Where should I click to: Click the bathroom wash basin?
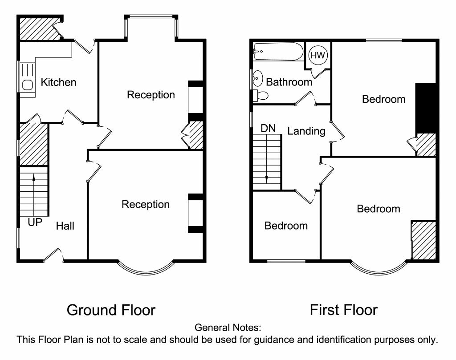tap(257, 80)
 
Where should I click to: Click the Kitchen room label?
tap(58, 82)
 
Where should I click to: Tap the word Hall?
tap(65, 226)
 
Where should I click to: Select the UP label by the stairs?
tap(35, 222)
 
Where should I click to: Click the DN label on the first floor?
tap(268, 129)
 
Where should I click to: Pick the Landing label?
tap(306, 131)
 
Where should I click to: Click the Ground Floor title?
tap(111, 310)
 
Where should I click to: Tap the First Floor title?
tap(343, 310)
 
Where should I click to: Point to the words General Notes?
tap(228, 328)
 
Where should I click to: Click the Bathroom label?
tap(289, 82)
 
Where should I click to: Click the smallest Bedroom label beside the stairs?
tap(286, 226)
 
